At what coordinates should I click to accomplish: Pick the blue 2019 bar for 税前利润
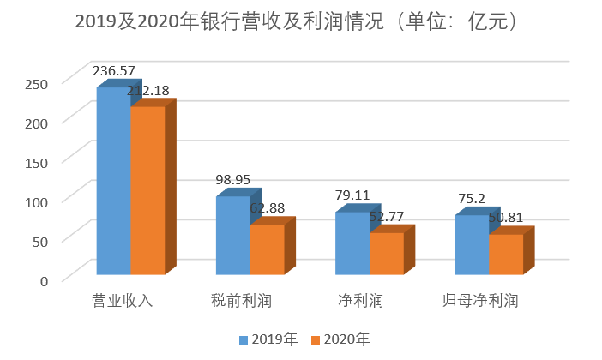click(x=232, y=235)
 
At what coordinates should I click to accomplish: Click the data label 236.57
click(x=115, y=71)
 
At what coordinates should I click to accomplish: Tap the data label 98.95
click(x=233, y=180)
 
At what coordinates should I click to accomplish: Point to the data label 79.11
click(x=352, y=195)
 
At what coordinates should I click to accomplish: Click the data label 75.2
click(x=470, y=199)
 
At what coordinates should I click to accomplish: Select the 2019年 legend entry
click(x=268, y=340)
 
